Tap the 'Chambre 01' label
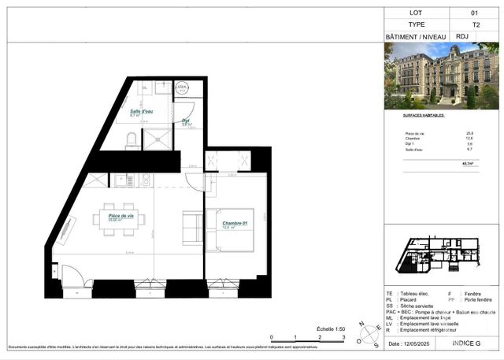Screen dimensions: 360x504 235,225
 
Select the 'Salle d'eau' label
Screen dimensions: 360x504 142,113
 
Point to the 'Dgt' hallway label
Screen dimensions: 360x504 187,121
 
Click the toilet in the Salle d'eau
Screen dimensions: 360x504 131,139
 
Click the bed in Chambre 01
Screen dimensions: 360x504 233,230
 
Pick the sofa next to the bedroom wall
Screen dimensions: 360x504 192,228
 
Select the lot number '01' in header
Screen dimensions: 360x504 473,13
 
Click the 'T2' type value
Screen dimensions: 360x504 473,24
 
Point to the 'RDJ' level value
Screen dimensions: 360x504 461,36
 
